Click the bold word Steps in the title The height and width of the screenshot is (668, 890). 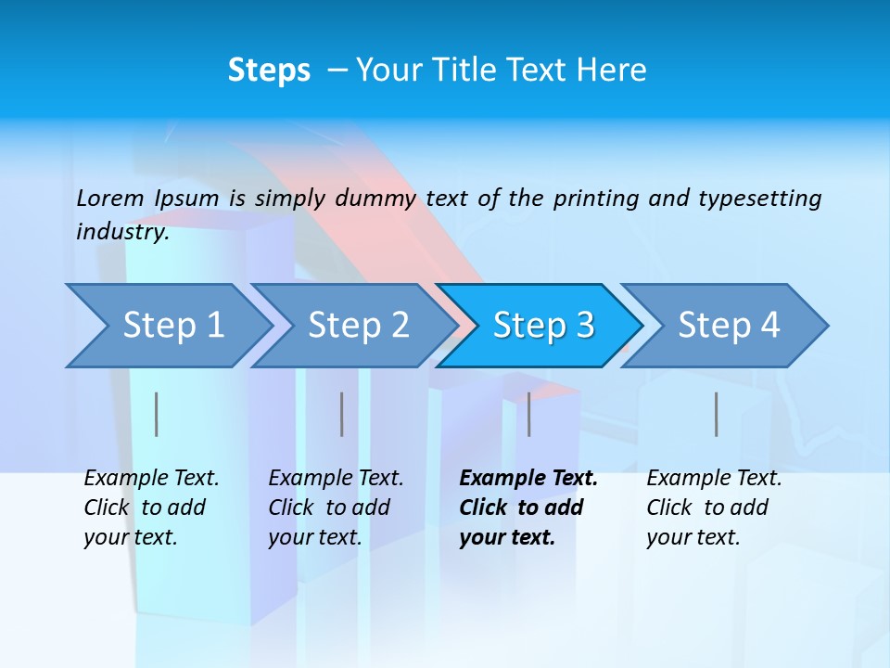[269, 71]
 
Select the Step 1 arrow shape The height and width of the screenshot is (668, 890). [167, 326]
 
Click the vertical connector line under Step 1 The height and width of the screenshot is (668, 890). [157, 414]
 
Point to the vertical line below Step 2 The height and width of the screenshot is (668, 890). [342, 414]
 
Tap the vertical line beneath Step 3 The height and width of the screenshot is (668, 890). [529, 414]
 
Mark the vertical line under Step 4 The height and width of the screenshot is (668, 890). [717, 414]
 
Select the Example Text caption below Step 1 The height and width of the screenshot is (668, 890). [151, 507]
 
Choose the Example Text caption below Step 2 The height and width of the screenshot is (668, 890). [336, 507]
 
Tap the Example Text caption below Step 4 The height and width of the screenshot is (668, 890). [714, 507]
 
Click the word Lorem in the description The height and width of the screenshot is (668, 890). [110, 198]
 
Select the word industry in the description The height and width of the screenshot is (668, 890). [121, 231]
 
